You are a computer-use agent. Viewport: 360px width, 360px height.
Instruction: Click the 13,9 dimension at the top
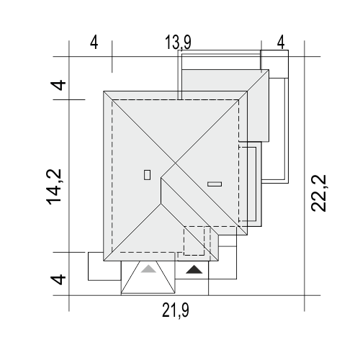pyautogui.click(x=178, y=42)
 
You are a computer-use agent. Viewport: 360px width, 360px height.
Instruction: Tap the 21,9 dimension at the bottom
pyautogui.click(x=176, y=310)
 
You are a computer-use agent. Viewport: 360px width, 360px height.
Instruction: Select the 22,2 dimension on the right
pyautogui.click(x=319, y=193)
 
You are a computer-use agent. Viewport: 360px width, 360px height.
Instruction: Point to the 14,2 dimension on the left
pyautogui.click(x=54, y=187)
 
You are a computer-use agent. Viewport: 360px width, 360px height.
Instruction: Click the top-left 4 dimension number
pyautogui.click(x=94, y=42)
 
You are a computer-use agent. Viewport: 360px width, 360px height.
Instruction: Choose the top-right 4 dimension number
pyautogui.click(x=281, y=42)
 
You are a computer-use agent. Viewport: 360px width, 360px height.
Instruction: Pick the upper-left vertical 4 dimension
pyautogui.click(x=58, y=85)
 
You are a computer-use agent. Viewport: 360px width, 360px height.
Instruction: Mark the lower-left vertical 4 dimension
pyautogui.click(x=58, y=279)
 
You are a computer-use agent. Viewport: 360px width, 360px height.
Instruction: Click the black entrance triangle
pyautogui.click(x=194, y=269)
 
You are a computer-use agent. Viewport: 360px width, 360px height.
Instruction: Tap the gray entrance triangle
pyautogui.click(x=148, y=269)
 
